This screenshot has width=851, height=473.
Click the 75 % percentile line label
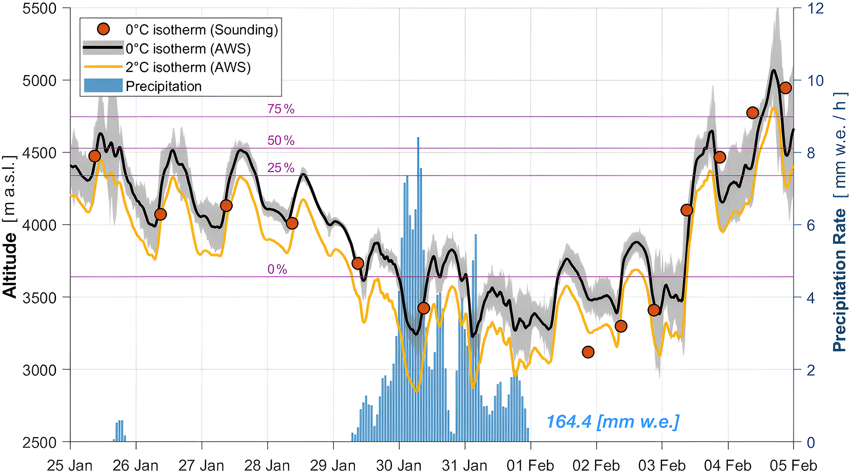pyautogui.click(x=281, y=109)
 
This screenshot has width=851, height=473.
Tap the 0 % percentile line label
pyautogui.click(x=277, y=269)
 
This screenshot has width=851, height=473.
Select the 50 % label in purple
pyautogui.click(x=281, y=141)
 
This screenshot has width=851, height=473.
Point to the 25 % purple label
pyautogui.click(x=281, y=168)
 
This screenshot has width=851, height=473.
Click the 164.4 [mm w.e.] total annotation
pyautogui.click(x=613, y=422)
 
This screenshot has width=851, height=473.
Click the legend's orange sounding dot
pyautogui.click(x=103, y=29)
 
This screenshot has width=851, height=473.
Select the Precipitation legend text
pyautogui.click(x=163, y=86)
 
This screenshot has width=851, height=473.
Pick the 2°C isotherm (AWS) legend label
pyautogui.click(x=188, y=68)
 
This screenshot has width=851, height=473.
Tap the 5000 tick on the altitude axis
pyautogui.click(x=40, y=80)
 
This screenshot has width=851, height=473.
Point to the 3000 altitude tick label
pyautogui.click(x=40, y=370)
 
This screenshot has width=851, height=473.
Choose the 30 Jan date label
pyautogui.click(x=399, y=466)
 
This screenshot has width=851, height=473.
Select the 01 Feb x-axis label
pyautogui.click(x=530, y=466)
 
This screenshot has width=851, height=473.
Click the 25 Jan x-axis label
pyautogui.click(x=70, y=466)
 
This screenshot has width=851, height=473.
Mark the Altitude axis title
pyautogui.click(x=10, y=226)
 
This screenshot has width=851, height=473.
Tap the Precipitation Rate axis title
pyautogui.click(x=839, y=222)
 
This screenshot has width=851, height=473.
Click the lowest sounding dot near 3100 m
pyautogui.click(x=588, y=352)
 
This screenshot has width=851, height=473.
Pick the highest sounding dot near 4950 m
pyautogui.click(x=785, y=88)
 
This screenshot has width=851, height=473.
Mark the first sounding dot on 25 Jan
pyautogui.click(x=95, y=156)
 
